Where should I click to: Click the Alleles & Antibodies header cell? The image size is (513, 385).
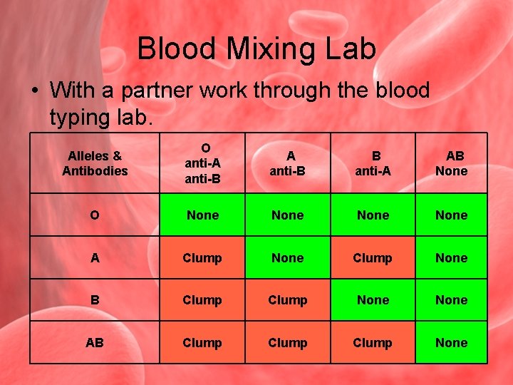95,163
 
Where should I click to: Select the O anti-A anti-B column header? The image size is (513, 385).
202,163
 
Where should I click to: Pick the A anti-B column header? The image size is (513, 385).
288,163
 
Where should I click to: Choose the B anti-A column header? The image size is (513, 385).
373,163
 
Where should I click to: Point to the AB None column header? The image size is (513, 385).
452,163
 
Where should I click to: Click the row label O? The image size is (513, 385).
95,215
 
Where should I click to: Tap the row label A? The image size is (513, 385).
95,257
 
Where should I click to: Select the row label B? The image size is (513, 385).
95,300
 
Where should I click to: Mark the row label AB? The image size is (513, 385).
95,343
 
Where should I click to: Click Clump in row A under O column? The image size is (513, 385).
202,257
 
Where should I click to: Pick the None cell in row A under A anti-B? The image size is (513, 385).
288,257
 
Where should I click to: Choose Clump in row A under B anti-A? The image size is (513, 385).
373,257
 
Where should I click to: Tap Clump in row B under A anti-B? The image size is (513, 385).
288,300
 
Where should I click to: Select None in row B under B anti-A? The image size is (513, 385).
373,300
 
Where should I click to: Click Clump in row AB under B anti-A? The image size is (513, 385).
373,343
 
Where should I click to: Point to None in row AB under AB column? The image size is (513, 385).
452,343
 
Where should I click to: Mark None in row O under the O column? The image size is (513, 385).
202,215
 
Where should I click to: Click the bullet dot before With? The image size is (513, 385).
33,91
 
